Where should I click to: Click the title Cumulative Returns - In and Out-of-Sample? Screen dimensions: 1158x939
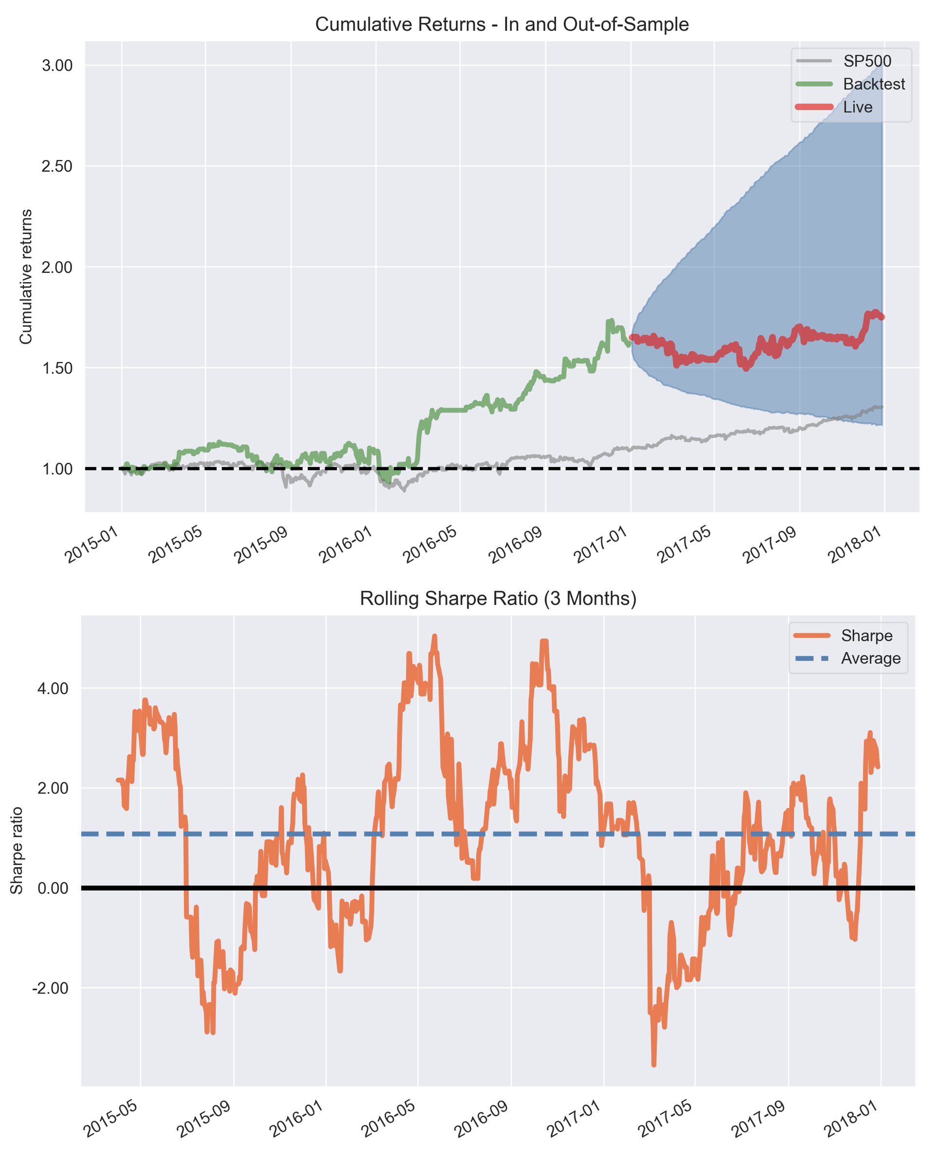tap(502, 24)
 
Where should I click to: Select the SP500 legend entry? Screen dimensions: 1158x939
tap(867, 61)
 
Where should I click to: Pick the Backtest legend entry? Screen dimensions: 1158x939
tap(873, 84)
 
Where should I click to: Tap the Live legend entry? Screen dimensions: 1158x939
tap(857, 107)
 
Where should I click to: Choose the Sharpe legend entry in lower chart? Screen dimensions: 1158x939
tap(867, 635)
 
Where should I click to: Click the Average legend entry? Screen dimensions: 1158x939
tap(870, 658)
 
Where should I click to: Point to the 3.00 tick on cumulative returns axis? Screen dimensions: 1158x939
tap(57, 66)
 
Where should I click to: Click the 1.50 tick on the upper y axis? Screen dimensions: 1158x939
tap(57, 368)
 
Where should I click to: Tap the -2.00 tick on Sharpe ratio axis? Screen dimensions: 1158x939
tap(50, 988)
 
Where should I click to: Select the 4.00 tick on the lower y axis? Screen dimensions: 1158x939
tap(53, 688)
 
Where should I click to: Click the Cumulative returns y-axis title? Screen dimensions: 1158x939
tap(25, 276)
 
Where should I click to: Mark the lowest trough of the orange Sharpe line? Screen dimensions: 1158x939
tap(653, 1065)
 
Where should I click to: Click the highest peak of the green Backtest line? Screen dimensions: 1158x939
tap(611, 321)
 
